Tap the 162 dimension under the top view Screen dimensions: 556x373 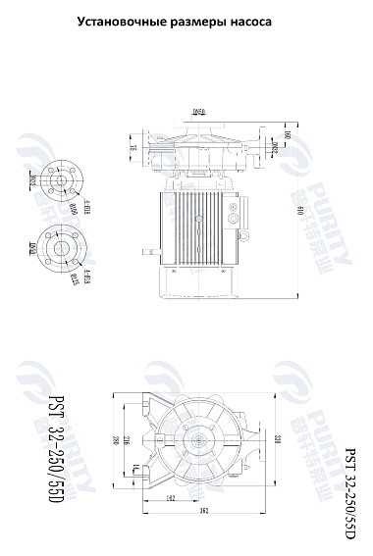(x=170, y=498)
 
